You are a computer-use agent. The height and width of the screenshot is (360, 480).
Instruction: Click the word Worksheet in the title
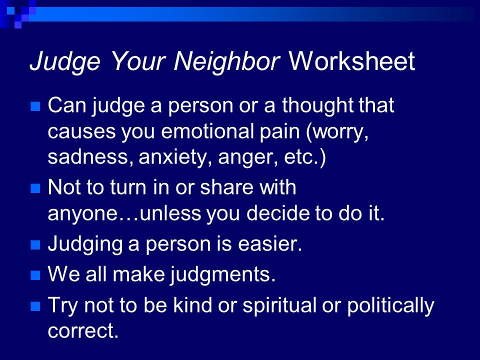point(351,61)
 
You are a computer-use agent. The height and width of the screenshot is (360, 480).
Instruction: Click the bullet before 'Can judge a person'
point(35,106)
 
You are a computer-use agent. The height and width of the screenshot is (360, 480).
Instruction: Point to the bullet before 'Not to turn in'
point(35,188)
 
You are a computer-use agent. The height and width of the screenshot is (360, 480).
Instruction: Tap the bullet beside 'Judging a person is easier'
point(35,245)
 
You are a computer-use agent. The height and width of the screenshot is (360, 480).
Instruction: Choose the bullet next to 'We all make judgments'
point(35,275)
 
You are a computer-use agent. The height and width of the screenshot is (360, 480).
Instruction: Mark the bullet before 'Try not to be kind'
point(35,306)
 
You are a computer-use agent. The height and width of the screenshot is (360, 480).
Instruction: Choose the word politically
point(390,306)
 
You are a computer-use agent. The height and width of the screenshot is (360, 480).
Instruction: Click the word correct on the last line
point(83,331)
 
